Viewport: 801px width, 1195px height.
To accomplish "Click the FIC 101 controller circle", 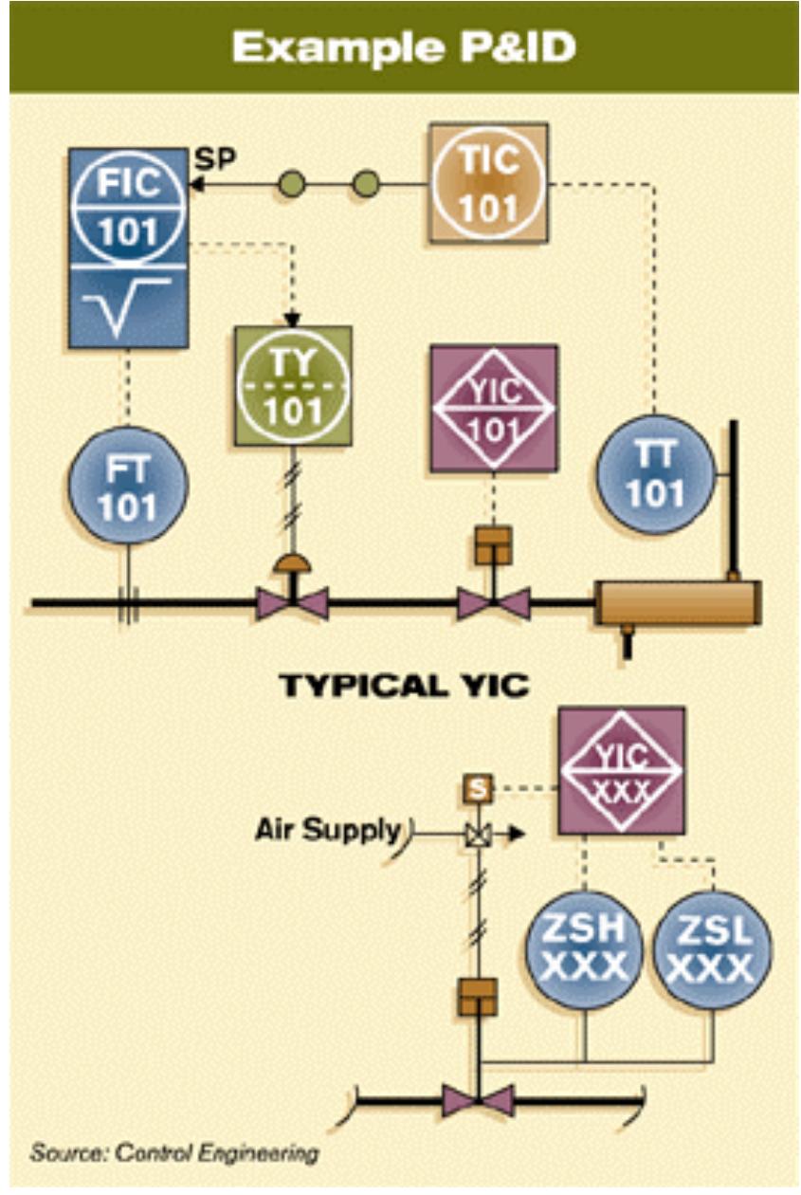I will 129,204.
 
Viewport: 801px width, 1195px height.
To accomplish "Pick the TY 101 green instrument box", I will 293,387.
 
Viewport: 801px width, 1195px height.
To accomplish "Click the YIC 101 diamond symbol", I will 493,408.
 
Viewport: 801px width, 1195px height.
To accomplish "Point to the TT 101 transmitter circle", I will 655,473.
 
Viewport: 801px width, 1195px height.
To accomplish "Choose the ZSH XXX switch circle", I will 584,949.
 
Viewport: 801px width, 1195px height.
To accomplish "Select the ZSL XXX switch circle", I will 713,949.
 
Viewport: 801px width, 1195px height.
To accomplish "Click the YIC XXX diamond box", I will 621,770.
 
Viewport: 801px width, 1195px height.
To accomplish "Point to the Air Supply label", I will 327,830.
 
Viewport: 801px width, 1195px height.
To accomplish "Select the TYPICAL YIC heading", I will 404,685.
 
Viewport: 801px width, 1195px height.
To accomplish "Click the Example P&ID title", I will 404,46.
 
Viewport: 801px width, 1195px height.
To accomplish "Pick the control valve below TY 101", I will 292,601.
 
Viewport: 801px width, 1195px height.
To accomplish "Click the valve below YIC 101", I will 493,601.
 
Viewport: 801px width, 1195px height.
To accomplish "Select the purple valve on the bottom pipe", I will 479,1100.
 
